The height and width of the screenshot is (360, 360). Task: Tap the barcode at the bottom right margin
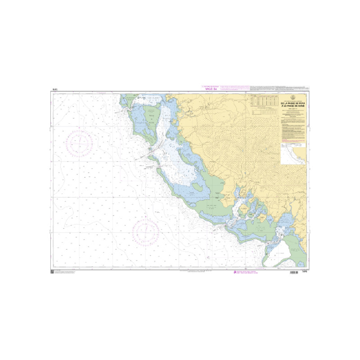[x=293, y=273]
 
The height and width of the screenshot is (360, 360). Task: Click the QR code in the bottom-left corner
[x=52, y=271]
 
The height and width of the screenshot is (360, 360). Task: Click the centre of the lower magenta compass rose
[x=146, y=229]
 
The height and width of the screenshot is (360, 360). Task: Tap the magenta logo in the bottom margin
[x=233, y=273]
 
